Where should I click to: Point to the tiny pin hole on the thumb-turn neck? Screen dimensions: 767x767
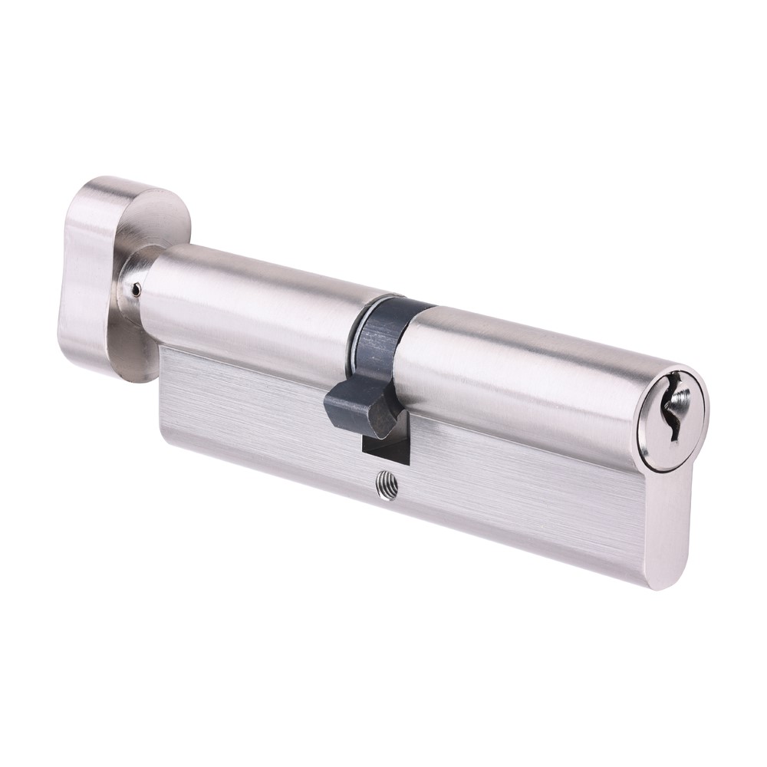pos(136,290)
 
